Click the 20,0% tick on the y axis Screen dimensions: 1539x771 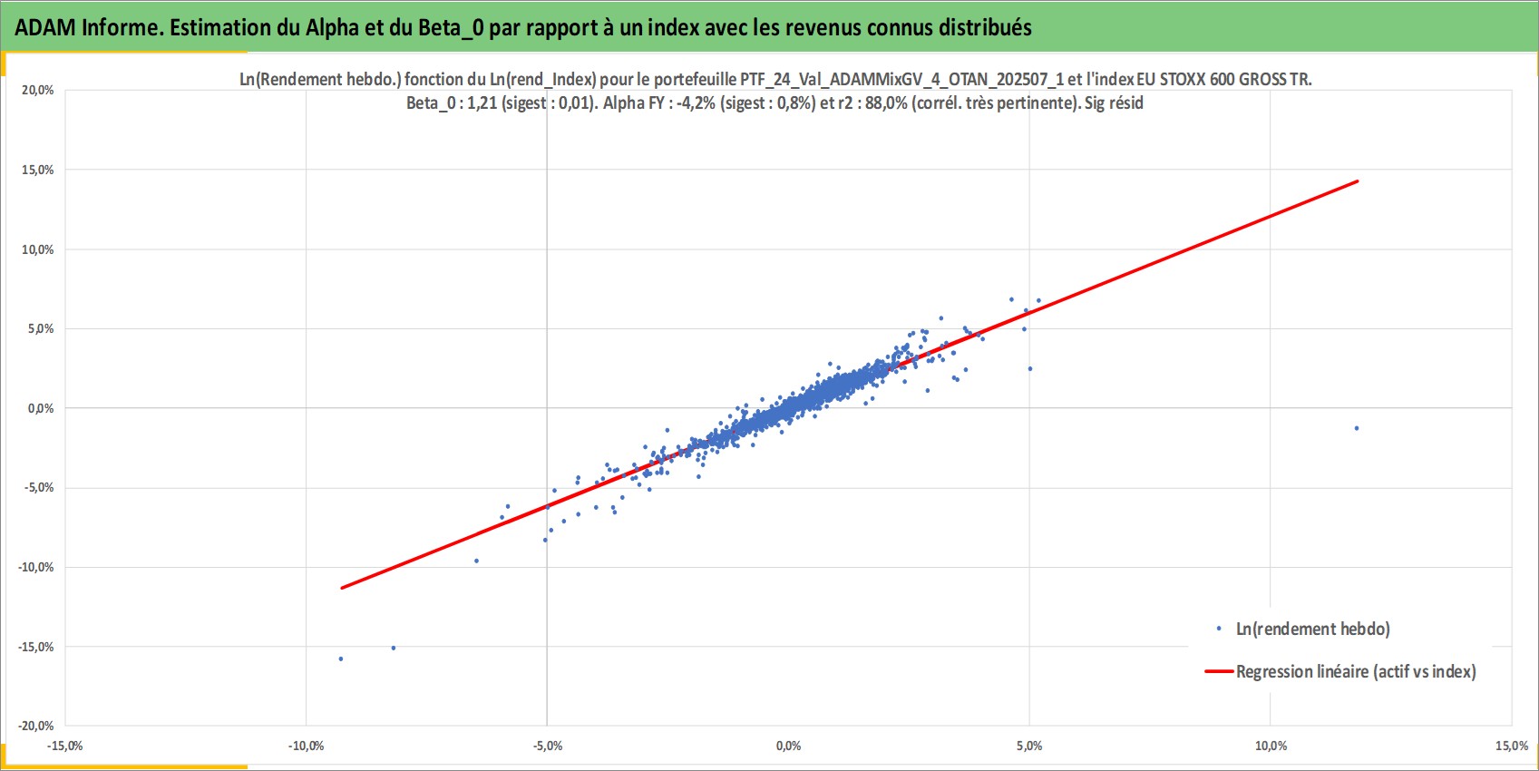point(38,90)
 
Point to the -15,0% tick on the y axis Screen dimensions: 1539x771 point(35,647)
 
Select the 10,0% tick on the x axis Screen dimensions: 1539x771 point(1271,746)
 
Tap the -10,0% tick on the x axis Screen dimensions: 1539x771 point(306,746)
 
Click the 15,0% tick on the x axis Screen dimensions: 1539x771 point(1512,746)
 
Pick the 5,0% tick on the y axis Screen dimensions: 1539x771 point(41,328)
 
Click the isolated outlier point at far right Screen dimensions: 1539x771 point(1357,428)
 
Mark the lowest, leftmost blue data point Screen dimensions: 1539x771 point(341,659)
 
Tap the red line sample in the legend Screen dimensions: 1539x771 point(1219,671)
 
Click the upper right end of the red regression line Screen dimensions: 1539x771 point(1358,181)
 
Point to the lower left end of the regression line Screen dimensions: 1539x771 point(342,588)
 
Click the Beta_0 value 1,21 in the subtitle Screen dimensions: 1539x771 point(482,103)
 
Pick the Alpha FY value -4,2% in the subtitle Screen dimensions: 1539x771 point(696,103)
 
